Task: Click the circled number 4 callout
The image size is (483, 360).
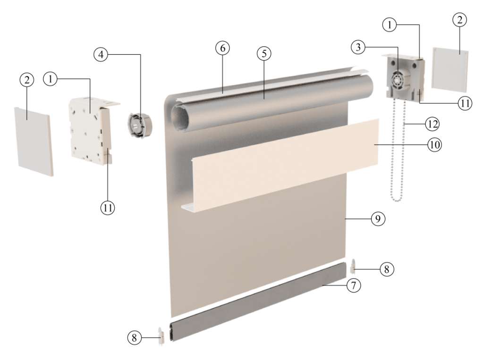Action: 101,55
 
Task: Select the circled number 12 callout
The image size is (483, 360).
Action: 432,124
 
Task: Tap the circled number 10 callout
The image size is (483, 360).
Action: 434,144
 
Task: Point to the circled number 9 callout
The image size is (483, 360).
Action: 378,218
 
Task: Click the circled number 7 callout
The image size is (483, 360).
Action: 354,285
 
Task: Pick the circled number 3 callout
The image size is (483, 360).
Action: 358,47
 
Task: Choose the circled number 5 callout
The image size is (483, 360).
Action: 264,54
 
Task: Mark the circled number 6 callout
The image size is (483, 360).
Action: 223,48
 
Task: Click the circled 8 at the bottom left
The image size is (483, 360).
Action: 135,338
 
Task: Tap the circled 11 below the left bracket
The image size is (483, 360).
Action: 108,208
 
